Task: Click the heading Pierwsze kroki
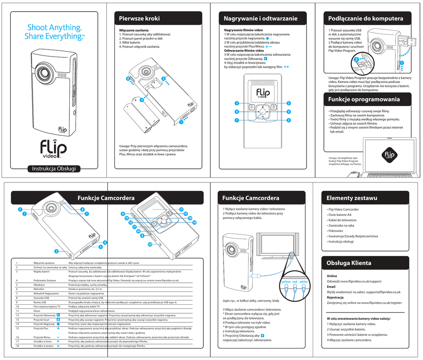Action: pos(139,18)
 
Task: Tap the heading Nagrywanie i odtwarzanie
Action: pos(260,18)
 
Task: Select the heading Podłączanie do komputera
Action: pos(366,18)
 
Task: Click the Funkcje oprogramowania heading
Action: pos(364,99)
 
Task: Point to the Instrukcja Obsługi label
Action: pos(51,168)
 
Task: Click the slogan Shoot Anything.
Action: pos(54,28)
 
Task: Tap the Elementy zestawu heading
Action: pos(352,198)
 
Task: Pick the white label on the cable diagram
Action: pos(304,282)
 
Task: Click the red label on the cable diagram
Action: pos(295,282)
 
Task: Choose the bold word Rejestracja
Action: pos(335,297)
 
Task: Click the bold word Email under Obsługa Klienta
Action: pos(331,287)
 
